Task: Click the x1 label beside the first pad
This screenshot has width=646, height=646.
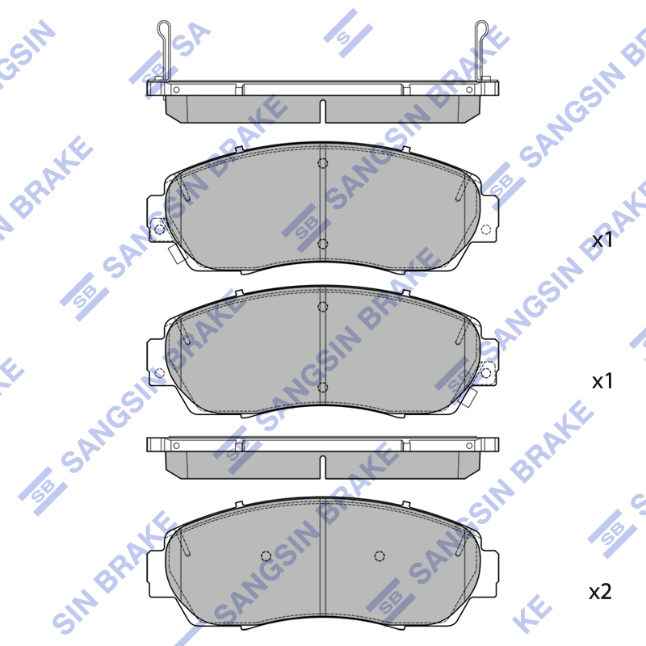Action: tap(602, 240)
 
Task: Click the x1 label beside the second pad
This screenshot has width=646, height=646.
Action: tap(602, 381)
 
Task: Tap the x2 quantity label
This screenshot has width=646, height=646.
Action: tap(600, 592)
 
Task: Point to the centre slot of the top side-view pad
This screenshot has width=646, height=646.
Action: tap(322, 111)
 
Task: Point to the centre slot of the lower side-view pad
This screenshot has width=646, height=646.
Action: tap(322, 468)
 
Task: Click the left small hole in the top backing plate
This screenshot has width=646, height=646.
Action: tap(176, 90)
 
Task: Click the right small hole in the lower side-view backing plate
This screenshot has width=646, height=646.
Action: tap(469, 446)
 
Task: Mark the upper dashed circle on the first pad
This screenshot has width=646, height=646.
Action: tap(322, 163)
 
